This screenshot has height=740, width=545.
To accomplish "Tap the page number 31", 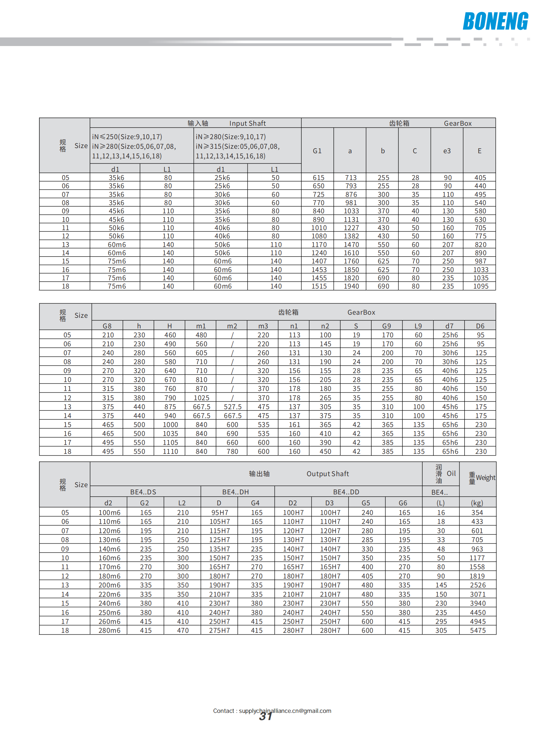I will (x=265, y=716).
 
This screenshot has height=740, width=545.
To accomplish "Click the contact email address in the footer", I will (x=285, y=711).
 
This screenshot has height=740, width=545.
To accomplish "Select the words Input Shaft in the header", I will (x=247, y=123).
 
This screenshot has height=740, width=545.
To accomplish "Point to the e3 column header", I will (x=447, y=151).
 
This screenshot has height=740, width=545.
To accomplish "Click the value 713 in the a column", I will (x=351, y=178).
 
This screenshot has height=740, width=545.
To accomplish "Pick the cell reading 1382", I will (x=351, y=236).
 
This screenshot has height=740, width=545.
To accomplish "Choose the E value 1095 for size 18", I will (x=480, y=286).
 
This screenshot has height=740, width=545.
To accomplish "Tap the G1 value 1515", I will (x=319, y=286).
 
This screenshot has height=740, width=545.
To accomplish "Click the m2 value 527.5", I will (x=232, y=407).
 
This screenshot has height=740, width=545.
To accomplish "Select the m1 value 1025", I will (x=201, y=398).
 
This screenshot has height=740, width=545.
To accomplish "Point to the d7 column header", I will (x=449, y=326).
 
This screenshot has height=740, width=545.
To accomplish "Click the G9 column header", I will (x=387, y=326).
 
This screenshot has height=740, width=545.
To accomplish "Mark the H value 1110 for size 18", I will (x=170, y=451).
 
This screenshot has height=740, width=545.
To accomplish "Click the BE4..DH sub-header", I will (x=236, y=492).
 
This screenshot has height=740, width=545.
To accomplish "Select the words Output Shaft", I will (x=328, y=474).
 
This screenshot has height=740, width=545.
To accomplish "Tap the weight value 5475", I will (x=478, y=630).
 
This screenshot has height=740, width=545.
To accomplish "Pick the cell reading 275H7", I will (x=219, y=630).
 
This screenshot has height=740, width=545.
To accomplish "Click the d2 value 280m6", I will (x=110, y=630).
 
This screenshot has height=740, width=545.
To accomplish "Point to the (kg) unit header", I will (x=477, y=503).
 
